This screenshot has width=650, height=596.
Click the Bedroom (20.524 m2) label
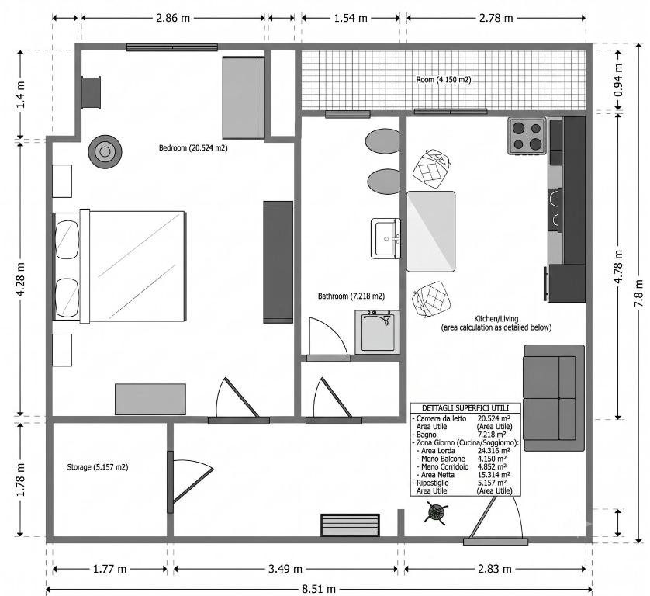pyautogui.click(x=193, y=147)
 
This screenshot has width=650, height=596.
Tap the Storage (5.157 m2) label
pyautogui.click(x=98, y=467)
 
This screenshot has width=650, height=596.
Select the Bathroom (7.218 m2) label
pyautogui.click(x=351, y=296)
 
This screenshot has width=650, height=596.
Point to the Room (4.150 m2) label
pyautogui.click(x=444, y=79)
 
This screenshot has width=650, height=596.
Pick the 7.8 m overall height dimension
pyautogui.click(x=638, y=293)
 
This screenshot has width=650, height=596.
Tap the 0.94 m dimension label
pyautogui.click(x=618, y=80)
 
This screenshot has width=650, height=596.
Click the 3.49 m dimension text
pyautogui.click(x=285, y=569)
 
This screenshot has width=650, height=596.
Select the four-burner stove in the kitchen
pyautogui.click(x=527, y=137)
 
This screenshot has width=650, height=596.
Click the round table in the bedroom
pyautogui.click(x=105, y=152)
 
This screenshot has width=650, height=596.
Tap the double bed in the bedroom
pyautogui.click(x=119, y=266)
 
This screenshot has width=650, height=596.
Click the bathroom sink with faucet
pyautogui.click(x=386, y=238)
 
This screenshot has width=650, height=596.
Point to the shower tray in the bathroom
pyautogui.click(x=377, y=332)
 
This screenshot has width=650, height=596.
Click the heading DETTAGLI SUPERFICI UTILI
pyautogui.click(x=465, y=408)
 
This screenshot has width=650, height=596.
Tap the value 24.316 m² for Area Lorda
pyautogui.click(x=494, y=450)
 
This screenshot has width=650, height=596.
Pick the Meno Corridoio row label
pyautogui.click(x=442, y=466)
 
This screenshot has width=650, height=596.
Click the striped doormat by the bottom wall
pyautogui.click(x=350, y=525)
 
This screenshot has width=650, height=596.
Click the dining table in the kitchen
pyautogui.click(x=430, y=231)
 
